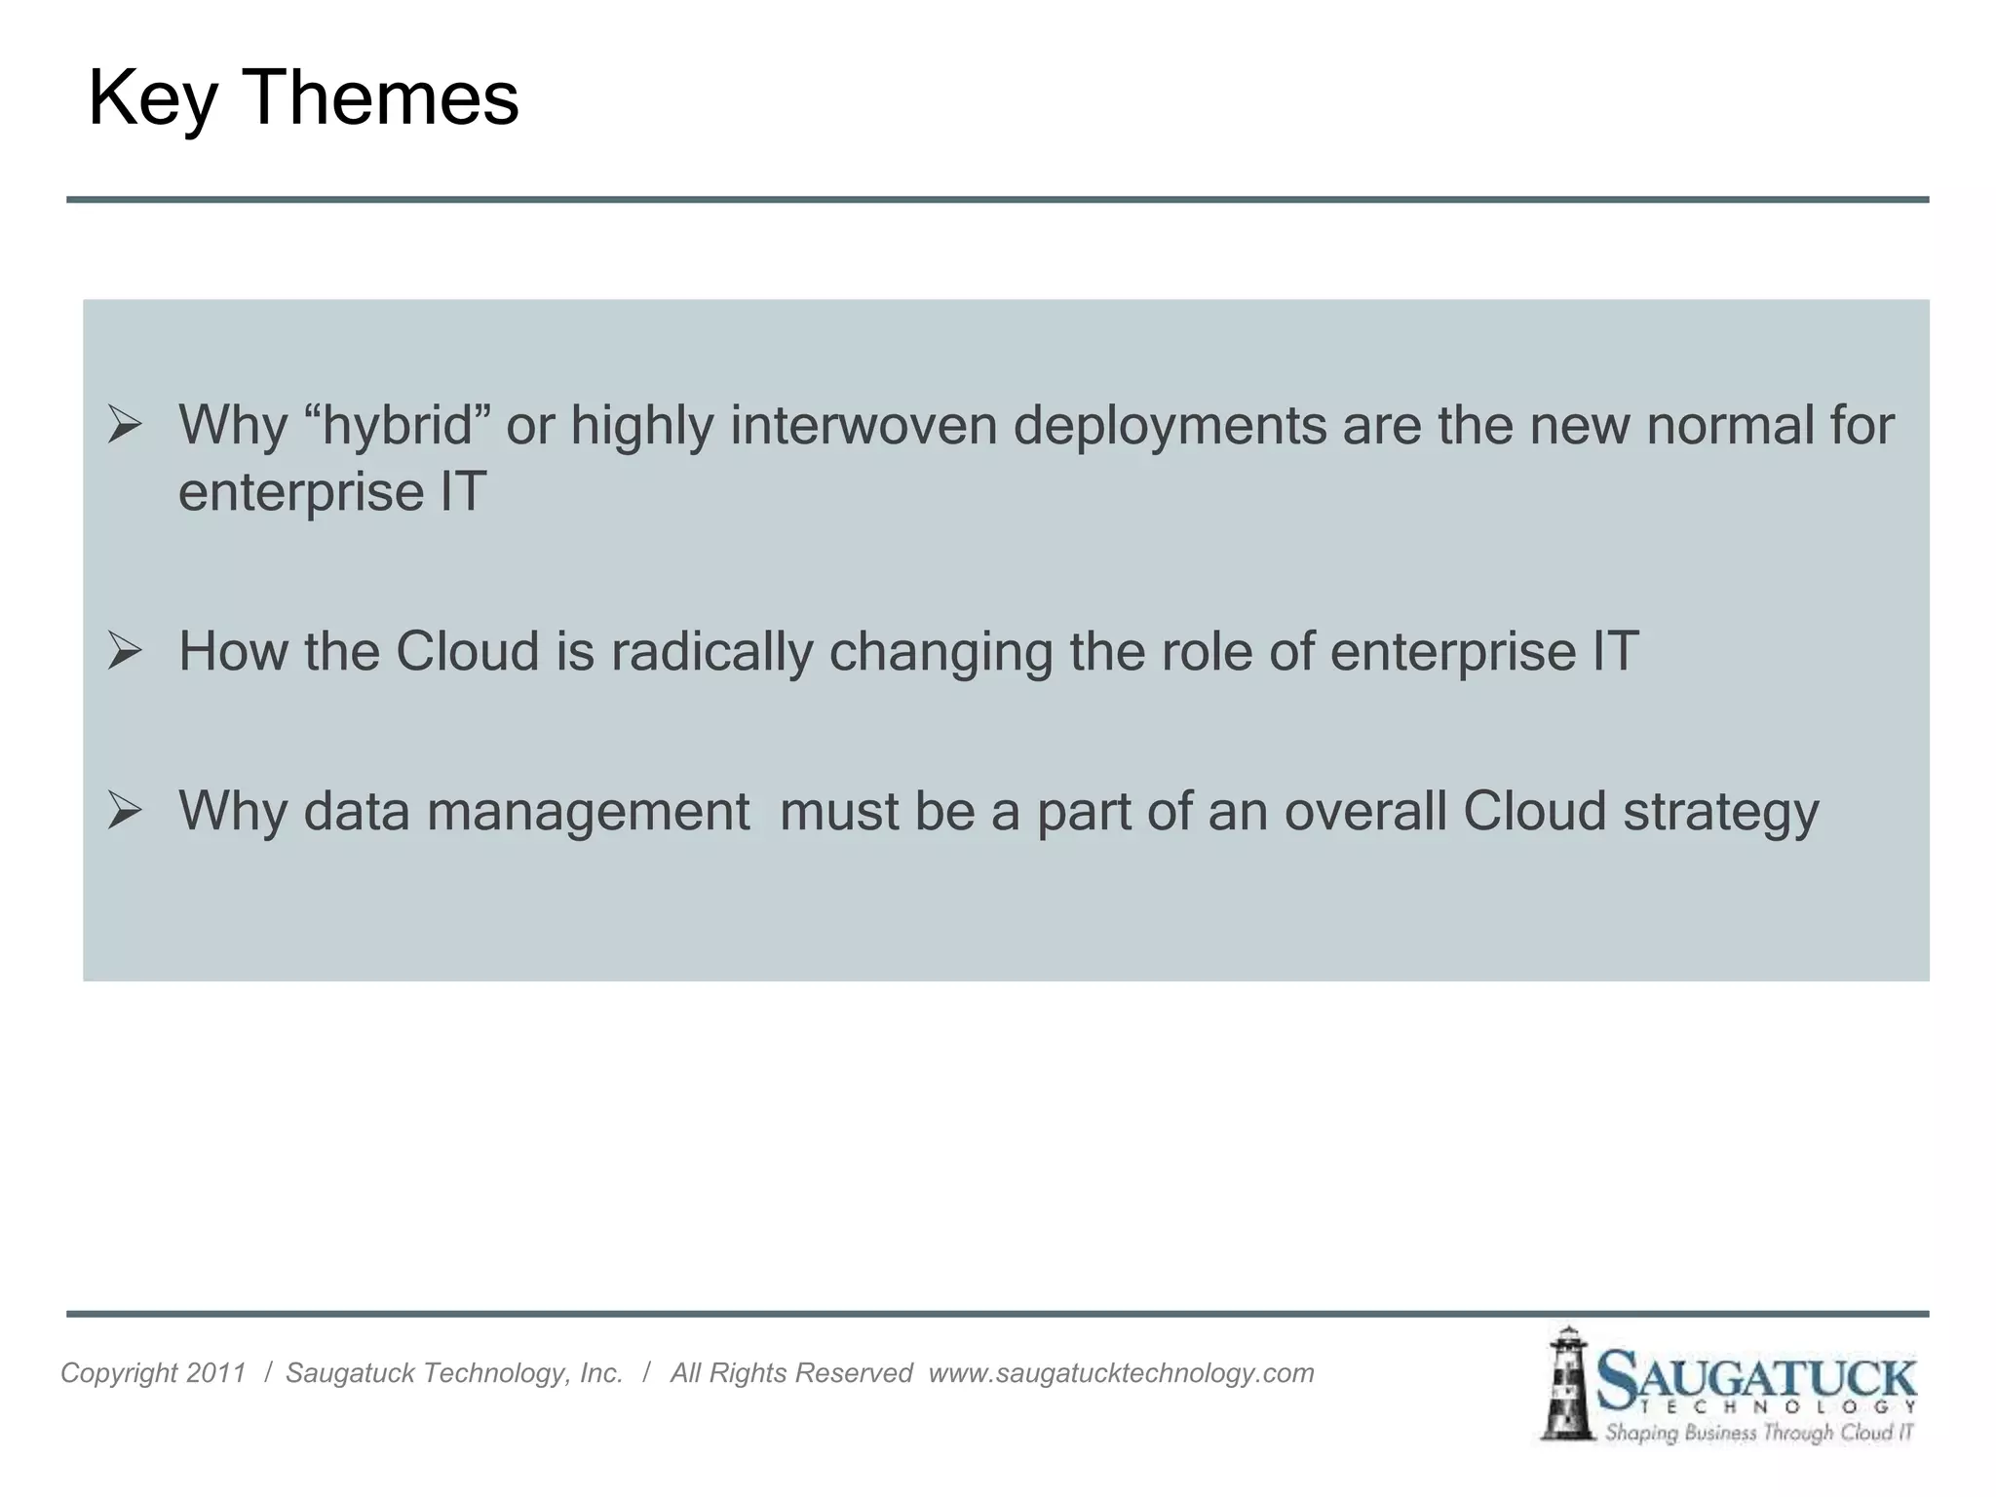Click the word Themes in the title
(380, 97)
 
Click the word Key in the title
(152, 99)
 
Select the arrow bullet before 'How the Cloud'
(125, 650)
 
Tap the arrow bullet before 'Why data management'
(125, 810)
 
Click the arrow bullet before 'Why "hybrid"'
(125, 425)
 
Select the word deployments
(1170, 426)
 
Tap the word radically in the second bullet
(711, 651)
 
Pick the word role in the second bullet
(1206, 651)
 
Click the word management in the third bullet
(589, 811)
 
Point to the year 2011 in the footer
(215, 1373)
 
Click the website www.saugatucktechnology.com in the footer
(1121, 1373)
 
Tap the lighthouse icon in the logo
(1565, 1384)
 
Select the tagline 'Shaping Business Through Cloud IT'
(1759, 1433)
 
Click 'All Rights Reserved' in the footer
(790, 1373)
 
